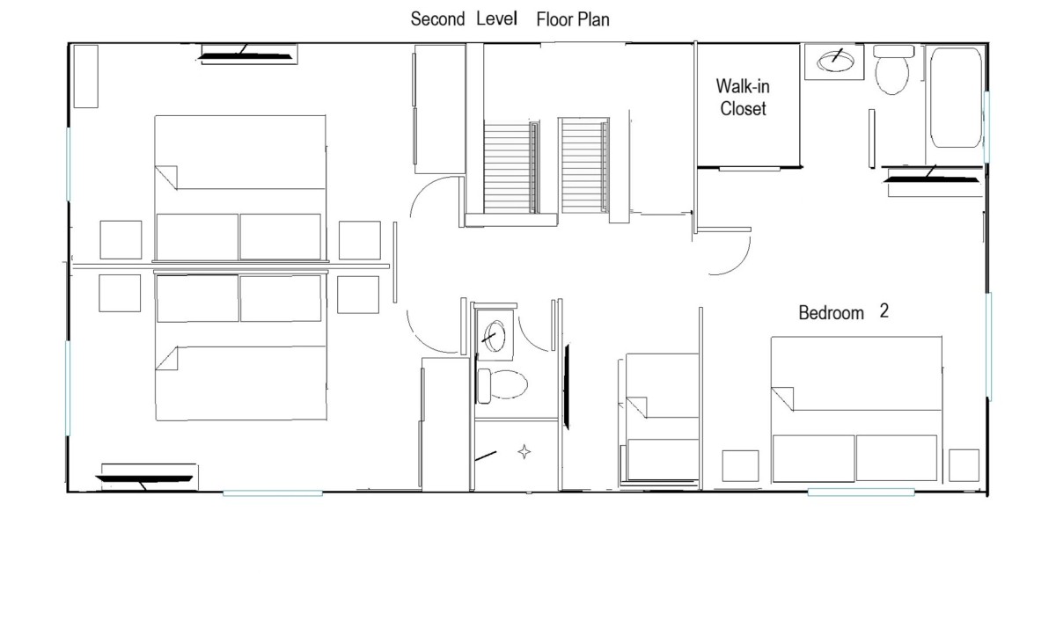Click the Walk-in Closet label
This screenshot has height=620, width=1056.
743,98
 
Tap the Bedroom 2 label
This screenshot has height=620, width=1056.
843,312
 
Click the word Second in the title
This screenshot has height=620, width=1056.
437,19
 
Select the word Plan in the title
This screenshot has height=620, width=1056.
593,19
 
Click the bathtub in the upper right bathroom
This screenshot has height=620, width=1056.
956,98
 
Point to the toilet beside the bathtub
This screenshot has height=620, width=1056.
892,69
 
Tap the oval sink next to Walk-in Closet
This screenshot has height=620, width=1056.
835,62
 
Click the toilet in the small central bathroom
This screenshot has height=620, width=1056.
502,385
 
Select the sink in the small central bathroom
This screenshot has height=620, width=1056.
494,336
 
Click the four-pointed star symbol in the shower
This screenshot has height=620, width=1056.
524,452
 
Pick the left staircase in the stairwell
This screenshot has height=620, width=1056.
511,168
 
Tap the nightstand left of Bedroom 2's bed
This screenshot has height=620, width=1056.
740,466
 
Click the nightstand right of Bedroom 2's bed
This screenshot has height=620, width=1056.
964,465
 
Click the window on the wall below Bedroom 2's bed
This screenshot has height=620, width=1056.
861,492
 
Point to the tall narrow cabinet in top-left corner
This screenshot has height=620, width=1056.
86,77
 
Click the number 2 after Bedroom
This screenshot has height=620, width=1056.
884,311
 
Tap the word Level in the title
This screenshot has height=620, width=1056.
496,18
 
